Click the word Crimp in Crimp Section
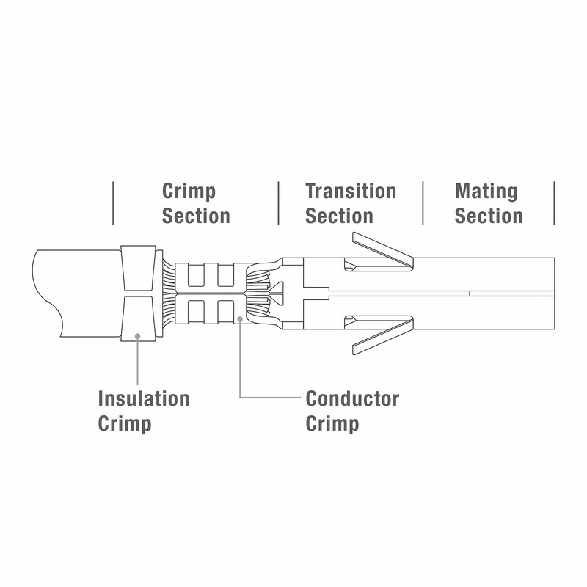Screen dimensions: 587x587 point(189,192)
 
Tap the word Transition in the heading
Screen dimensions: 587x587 point(351,191)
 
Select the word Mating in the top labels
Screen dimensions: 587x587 point(486,192)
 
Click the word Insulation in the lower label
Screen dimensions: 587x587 point(144,398)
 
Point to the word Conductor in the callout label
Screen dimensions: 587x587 point(352,398)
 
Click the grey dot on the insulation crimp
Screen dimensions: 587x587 point(138,336)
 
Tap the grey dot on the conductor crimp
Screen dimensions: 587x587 point(240,319)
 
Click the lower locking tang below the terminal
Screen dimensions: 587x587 point(382,335)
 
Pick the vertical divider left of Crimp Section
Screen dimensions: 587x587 point(113,203)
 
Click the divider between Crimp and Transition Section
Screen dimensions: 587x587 point(279,203)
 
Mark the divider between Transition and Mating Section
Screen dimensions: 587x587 point(423,203)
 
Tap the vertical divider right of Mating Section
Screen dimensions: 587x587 point(554,203)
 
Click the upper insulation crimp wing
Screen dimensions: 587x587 point(138,268)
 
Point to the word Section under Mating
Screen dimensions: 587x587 point(489,216)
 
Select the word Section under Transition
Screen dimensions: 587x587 point(339,216)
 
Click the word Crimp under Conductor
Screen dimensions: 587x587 point(332,424)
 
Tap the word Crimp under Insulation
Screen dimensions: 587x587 point(125,424)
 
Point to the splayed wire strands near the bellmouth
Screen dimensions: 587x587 point(258,293)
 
